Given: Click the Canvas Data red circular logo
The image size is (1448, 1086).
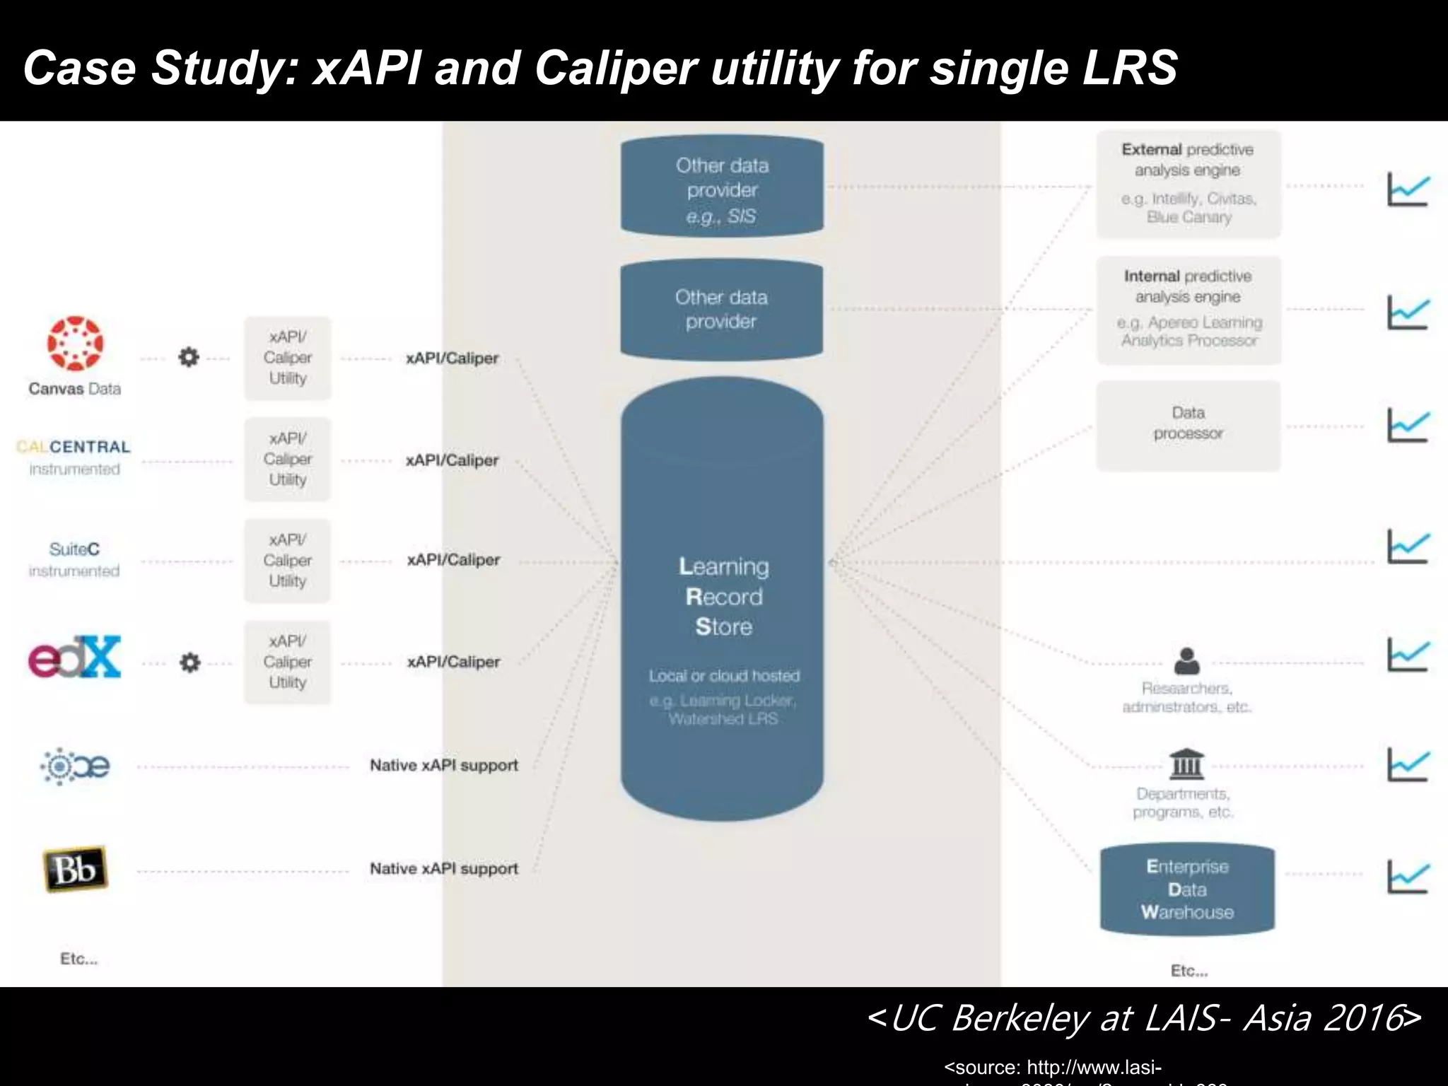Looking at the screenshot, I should click(75, 344).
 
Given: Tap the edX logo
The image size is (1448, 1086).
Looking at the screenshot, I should click(75, 657).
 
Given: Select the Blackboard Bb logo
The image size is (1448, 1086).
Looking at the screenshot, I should click(75, 869).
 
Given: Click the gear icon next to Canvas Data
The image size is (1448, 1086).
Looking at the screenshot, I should click(189, 357).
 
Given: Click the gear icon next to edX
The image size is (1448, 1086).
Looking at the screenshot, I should click(189, 662).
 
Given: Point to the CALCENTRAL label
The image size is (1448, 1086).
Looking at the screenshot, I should click(74, 447).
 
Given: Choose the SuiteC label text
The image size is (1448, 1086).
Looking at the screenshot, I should click(74, 549).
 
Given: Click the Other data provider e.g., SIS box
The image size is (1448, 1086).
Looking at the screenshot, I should click(722, 186).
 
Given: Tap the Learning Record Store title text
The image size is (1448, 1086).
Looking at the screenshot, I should click(723, 596).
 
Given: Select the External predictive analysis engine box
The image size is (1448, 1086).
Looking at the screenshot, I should click(1189, 184).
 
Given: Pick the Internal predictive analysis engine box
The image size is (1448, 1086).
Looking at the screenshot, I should click(1189, 310).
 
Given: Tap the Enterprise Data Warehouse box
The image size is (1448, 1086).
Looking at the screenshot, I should click(1187, 889).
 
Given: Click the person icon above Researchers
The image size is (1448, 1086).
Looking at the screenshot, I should click(1186, 661).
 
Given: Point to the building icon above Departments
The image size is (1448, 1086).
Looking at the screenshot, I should click(1187, 764).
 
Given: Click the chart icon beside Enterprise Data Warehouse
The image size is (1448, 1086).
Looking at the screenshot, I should click(1408, 877).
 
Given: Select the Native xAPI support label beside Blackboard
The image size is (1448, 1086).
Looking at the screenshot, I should click(444, 868).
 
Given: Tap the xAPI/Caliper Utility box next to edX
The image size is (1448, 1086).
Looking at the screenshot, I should click(287, 662).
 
